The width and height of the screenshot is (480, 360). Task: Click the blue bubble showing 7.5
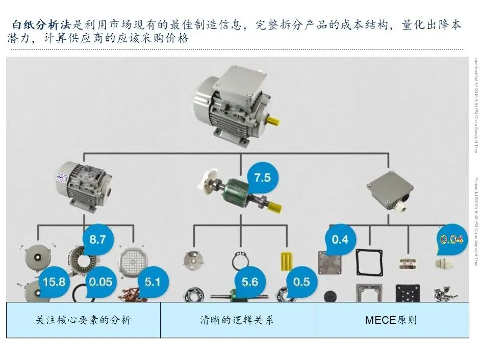(x=262, y=178)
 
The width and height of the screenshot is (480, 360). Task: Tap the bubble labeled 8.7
(x=97, y=239)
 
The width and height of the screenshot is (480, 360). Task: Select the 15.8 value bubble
(x=54, y=281)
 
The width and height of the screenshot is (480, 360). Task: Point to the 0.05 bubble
(x=100, y=281)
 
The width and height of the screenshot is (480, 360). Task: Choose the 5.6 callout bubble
(x=249, y=281)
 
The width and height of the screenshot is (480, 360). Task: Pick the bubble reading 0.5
(x=301, y=281)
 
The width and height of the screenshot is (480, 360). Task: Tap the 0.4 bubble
(x=340, y=239)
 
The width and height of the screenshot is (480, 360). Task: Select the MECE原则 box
(x=391, y=320)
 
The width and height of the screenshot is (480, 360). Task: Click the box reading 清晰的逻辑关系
(x=237, y=320)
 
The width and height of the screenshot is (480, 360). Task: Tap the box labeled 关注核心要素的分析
(x=83, y=320)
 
